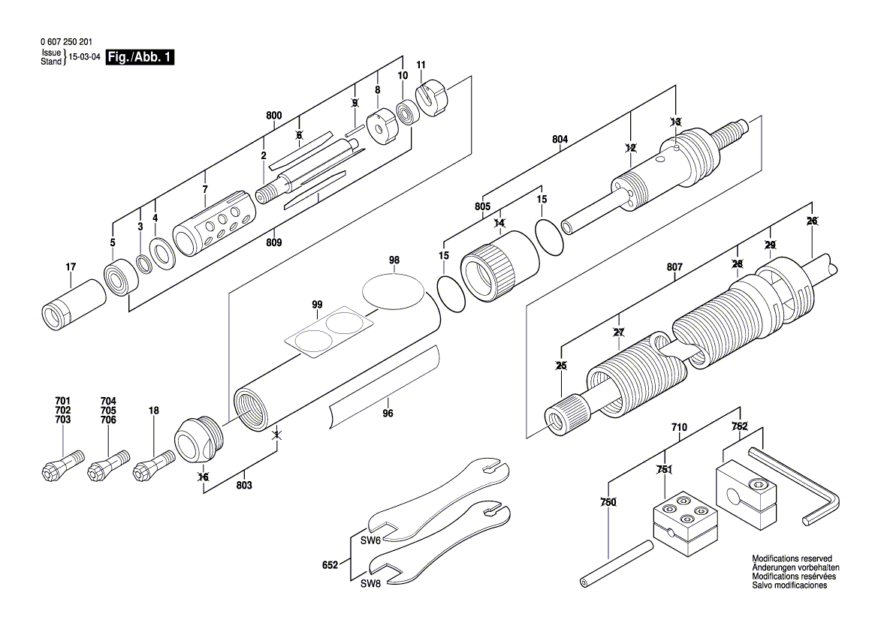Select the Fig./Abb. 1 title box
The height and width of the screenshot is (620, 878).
[x=140, y=58]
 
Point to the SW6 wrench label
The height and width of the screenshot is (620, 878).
[x=370, y=540]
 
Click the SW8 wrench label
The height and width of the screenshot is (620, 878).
[x=370, y=583]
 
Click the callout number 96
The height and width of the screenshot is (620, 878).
[x=388, y=412]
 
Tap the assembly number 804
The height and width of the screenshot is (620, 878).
[x=560, y=140]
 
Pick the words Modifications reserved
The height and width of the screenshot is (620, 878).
[x=792, y=559]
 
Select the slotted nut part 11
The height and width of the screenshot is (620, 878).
[x=427, y=100]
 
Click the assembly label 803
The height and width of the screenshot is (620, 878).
[x=243, y=486]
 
